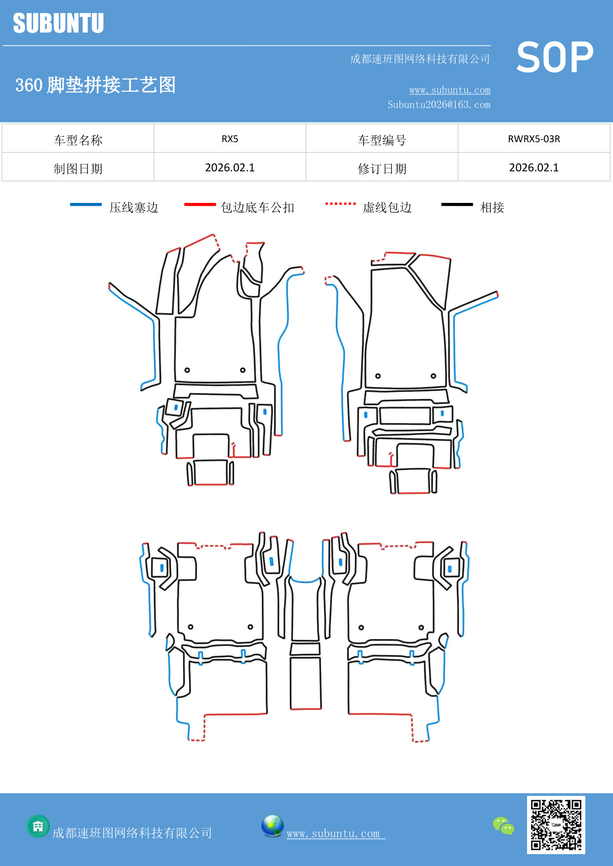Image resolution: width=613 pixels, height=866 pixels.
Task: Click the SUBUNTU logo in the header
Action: [x=58, y=23]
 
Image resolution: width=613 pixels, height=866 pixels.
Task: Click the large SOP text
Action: [x=555, y=57]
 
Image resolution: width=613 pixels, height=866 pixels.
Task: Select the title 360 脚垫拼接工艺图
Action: [x=95, y=85]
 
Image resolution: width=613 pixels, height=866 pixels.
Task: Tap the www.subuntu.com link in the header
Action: [x=450, y=90]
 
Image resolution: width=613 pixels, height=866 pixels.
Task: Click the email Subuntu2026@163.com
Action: [x=439, y=105]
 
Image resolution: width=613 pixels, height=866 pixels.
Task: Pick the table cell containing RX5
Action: [x=230, y=139]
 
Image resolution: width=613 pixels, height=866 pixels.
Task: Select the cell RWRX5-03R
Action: [x=533, y=139]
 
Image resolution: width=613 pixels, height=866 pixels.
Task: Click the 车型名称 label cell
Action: [x=78, y=140]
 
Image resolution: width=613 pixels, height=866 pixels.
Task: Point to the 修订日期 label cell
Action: [x=382, y=168]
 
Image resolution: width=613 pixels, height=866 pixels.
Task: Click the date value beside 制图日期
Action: [x=230, y=168]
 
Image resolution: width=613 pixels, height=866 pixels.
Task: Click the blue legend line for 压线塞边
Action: [x=86, y=204]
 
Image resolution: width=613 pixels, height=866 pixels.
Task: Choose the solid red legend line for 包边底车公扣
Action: [x=200, y=204]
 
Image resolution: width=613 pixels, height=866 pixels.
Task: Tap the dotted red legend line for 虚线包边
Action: [x=340, y=203]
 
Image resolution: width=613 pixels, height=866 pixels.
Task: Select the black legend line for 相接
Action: [x=457, y=204]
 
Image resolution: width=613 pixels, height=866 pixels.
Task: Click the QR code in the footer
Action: [x=556, y=825]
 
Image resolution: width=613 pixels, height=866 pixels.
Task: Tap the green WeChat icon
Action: [x=503, y=826]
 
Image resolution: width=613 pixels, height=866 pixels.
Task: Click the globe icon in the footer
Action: [x=272, y=826]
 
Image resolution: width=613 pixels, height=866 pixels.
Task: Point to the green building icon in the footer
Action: [x=38, y=826]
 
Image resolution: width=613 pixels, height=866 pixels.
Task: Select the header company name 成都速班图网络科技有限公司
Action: [x=420, y=59]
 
